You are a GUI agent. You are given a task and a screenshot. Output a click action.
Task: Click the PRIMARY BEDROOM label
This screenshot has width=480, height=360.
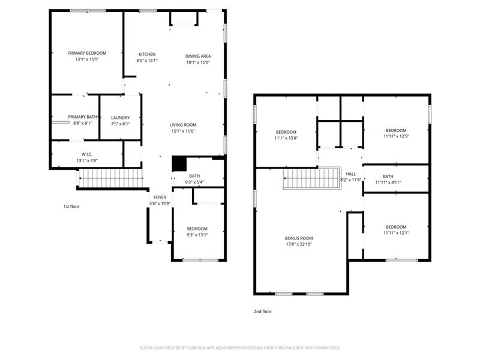pyautogui.click(x=87, y=53)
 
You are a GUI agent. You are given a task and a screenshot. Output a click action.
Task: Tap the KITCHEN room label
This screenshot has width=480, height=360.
pyautogui.click(x=147, y=53)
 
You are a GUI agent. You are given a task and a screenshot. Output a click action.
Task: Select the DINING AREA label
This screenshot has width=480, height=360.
pyautogui.click(x=197, y=56)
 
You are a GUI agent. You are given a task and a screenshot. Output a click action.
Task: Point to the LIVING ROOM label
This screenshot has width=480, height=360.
pyautogui.click(x=184, y=124)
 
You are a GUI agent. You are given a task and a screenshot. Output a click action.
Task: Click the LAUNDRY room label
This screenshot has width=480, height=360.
pyautogui.click(x=120, y=117)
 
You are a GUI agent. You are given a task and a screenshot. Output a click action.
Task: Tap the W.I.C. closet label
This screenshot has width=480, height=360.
pyautogui.click(x=87, y=154)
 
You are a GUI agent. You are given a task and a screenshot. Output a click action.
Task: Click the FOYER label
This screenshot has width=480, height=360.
pyautogui.click(x=160, y=197)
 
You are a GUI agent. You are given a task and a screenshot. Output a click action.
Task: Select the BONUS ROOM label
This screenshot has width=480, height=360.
pyautogui.click(x=299, y=238)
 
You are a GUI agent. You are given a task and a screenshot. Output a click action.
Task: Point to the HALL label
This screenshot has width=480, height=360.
pyautogui.click(x=350, y=173)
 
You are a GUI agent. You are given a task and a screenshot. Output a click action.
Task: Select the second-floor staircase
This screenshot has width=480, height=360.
pyautogui.click(x=312, y=178)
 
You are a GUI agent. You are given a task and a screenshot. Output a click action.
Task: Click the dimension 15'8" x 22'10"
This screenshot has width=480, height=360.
pyautogui.click(x=299, y=244)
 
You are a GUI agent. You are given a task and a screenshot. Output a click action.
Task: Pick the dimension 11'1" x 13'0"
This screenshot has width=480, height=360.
pyautogui.click(x=286, y=138)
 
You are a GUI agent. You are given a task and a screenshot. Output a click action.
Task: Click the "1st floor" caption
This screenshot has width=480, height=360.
pyautogui.click(x=71, y=206)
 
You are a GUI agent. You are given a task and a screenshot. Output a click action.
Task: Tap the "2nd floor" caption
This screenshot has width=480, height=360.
pyautogui.click(x=262, y=311)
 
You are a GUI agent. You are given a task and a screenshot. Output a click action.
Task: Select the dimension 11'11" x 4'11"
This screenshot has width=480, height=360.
pyautogui.click(x=388, y=182)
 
